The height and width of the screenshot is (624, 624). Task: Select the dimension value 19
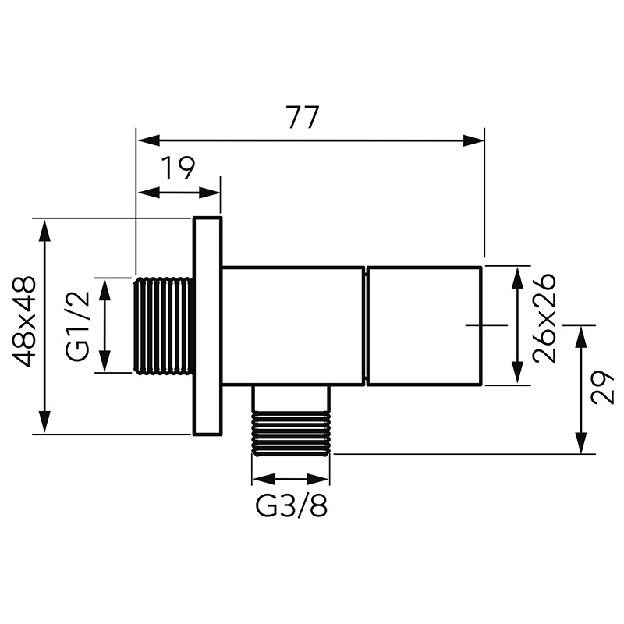tap(179, 168)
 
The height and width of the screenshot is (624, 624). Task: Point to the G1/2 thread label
tap(79, 325)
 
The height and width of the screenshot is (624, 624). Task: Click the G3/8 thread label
tap(291, 507)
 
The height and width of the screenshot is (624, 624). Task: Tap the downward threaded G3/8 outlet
tap(290, 432)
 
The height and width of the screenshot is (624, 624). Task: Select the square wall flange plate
tap(207, 325)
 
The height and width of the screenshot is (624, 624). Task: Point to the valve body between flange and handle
tap(292, 325)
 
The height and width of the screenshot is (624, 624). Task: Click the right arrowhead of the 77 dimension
tap(476, 140)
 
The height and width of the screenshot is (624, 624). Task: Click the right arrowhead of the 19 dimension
tap(211, 193)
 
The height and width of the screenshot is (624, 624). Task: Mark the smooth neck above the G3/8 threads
tap(290, 398)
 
